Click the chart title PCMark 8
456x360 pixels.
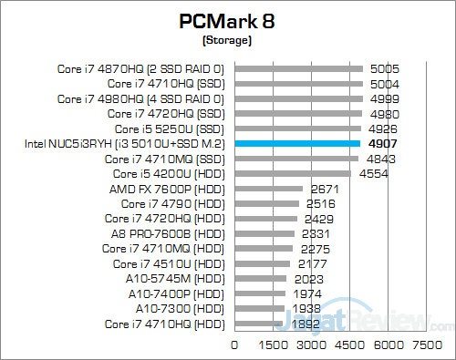coord(225,22)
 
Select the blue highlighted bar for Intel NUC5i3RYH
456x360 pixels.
coord(298,143)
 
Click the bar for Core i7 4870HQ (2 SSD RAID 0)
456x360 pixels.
coord(299,68)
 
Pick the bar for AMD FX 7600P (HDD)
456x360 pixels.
coord(269,189)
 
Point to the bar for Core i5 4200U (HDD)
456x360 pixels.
coord(293,173)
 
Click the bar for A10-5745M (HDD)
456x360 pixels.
coord(261,279)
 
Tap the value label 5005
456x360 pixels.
coord(384,68)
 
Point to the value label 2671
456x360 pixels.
coord(325,189)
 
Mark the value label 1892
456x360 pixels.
coord(306,324)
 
